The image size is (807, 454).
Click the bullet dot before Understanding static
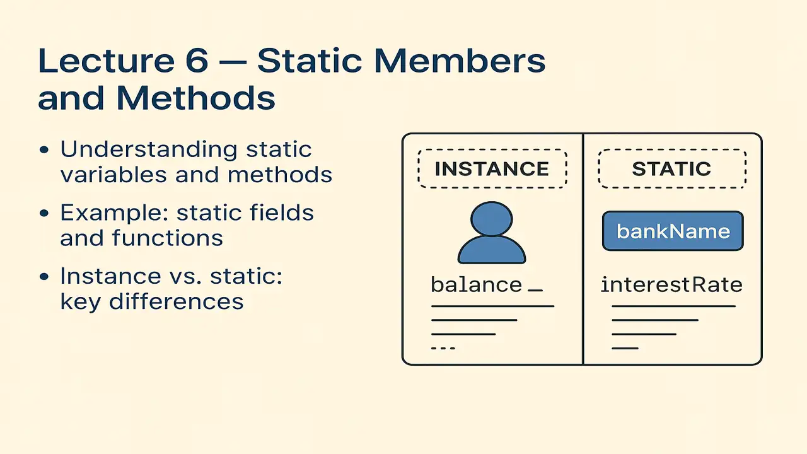tap(44, 151)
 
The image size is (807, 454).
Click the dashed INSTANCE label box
tap(492, 169)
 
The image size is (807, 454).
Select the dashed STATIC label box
tap(671, 169)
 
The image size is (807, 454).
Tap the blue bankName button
tap(673, 231)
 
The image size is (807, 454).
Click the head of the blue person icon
tap(491, 219)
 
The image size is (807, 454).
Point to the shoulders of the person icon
tap(491, 252)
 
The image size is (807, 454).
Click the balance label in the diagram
tap(477, 285)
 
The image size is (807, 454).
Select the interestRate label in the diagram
tap(671, 285)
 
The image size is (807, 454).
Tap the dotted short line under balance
tap(443, 348)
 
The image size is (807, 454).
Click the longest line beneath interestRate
tap(673, 306)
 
